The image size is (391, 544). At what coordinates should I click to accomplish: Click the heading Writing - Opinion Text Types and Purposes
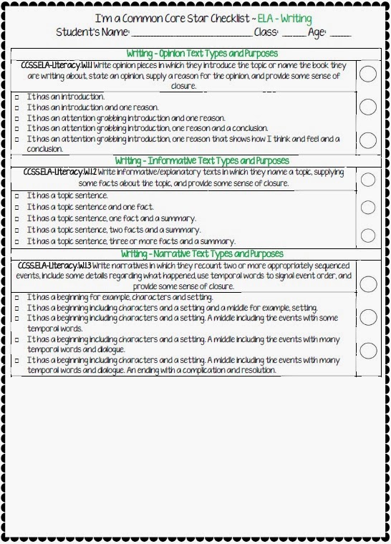201,54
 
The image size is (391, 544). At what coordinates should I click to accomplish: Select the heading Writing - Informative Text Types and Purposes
201,161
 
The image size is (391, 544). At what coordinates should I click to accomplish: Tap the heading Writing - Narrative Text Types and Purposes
201,254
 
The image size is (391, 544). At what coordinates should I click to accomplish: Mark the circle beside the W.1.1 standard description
367,74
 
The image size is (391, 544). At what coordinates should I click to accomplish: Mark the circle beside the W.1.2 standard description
367,179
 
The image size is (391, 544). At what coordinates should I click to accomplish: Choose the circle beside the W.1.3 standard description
367,283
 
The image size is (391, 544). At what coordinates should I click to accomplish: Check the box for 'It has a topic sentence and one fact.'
16,207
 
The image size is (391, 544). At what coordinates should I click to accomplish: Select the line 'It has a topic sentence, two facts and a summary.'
113,230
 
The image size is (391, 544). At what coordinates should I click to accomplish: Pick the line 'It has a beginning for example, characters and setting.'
119,297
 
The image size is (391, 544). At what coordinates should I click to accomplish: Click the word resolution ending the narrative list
255,371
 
